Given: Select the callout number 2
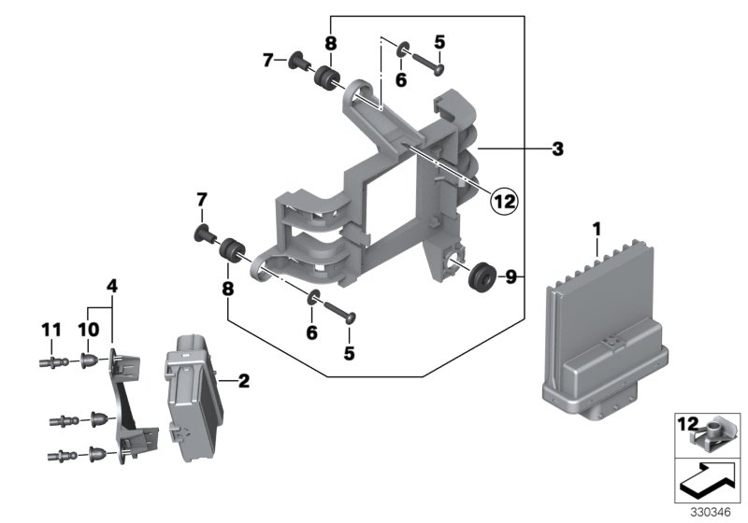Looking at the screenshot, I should (x=244, y=380).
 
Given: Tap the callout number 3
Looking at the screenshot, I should (x=557, y=148).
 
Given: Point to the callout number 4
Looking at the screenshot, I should (x=111, y=286).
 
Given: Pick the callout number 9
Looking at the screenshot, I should (x=511, y=276).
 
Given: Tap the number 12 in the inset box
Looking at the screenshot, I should (x=687, y=426).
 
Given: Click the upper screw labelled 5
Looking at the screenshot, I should (x=430, y=67).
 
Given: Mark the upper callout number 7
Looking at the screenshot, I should (x=267, y=61).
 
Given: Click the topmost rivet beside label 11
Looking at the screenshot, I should (x=56, y=360).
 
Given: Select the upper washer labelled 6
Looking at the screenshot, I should (x=403, y=49).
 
